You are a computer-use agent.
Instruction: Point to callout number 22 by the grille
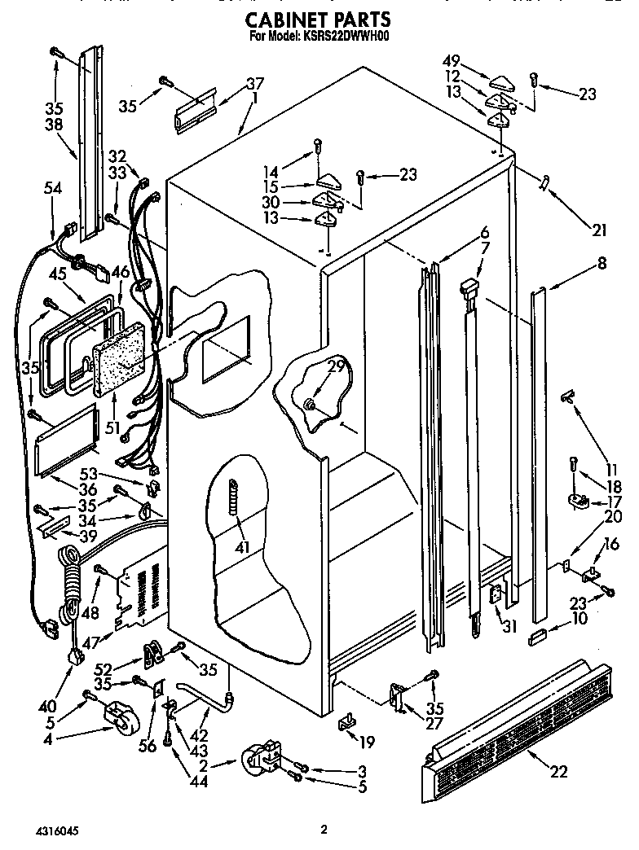558,772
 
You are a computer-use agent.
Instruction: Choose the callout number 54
53,188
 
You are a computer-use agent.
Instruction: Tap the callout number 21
599,230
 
